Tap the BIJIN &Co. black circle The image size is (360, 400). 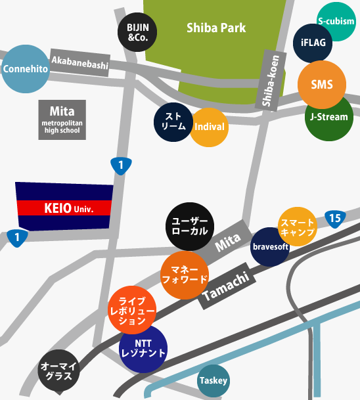[137, 33]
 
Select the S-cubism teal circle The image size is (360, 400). [336, 21]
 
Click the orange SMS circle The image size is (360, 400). [322, 85]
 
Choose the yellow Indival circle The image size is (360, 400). [210, 127]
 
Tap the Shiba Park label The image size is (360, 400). [216, 28]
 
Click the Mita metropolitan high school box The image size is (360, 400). [61, 119]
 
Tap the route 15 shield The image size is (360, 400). [334, 218]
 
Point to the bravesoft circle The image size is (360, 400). [271, 247]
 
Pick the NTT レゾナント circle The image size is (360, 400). [143, 349]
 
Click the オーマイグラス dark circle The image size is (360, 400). [59, 370]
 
